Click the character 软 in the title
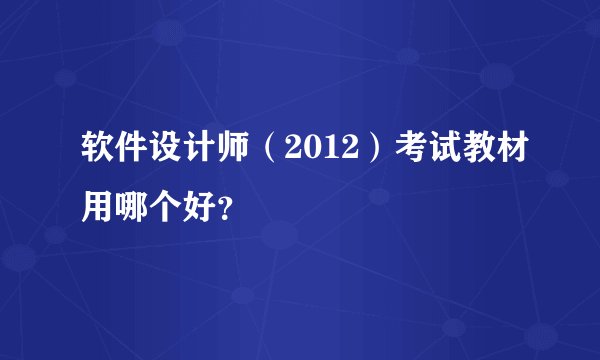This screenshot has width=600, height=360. tap(100, 155)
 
